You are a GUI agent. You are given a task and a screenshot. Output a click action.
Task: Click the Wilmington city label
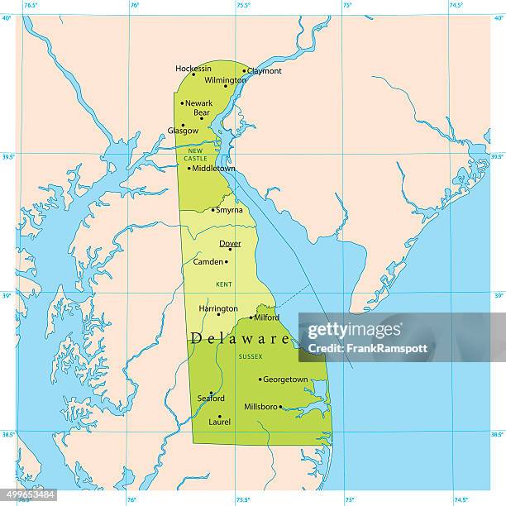[x=225, y=80]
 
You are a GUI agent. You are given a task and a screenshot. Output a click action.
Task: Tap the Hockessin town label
[x=193, y=69]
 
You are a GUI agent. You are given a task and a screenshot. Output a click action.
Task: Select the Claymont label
[x=265, y=71]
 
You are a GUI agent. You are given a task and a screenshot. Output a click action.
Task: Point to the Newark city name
[x=198, y=103]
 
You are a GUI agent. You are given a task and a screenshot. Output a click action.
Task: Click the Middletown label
[x=213, y=168]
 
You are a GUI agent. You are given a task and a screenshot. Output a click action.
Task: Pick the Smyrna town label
[x=229, y=210]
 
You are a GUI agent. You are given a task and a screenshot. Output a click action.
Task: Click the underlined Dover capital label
[x=230, y=243]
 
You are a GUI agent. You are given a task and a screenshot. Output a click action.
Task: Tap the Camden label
[x=208, y=261]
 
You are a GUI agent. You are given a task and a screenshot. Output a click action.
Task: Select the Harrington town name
[x=218, y=308]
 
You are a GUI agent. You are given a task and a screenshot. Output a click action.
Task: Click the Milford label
[x=266, y=317]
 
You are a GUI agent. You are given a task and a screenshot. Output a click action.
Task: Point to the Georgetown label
[x=285, y=379]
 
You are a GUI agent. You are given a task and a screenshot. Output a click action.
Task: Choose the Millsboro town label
[x=261, y=406]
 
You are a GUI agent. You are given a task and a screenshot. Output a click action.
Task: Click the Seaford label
[x=211, y=399]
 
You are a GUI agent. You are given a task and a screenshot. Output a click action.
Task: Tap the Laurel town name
[x=220, y=422]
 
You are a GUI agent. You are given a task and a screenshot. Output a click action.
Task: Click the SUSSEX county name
[x=250, y=356]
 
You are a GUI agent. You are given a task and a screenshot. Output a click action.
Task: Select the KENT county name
[x=224, y=284]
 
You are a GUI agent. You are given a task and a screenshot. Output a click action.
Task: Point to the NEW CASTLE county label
[x=197, y=154]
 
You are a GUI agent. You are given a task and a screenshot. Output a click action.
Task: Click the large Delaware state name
[x=240, y=338]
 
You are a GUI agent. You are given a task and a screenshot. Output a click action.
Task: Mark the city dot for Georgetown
[x=260, y=380]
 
